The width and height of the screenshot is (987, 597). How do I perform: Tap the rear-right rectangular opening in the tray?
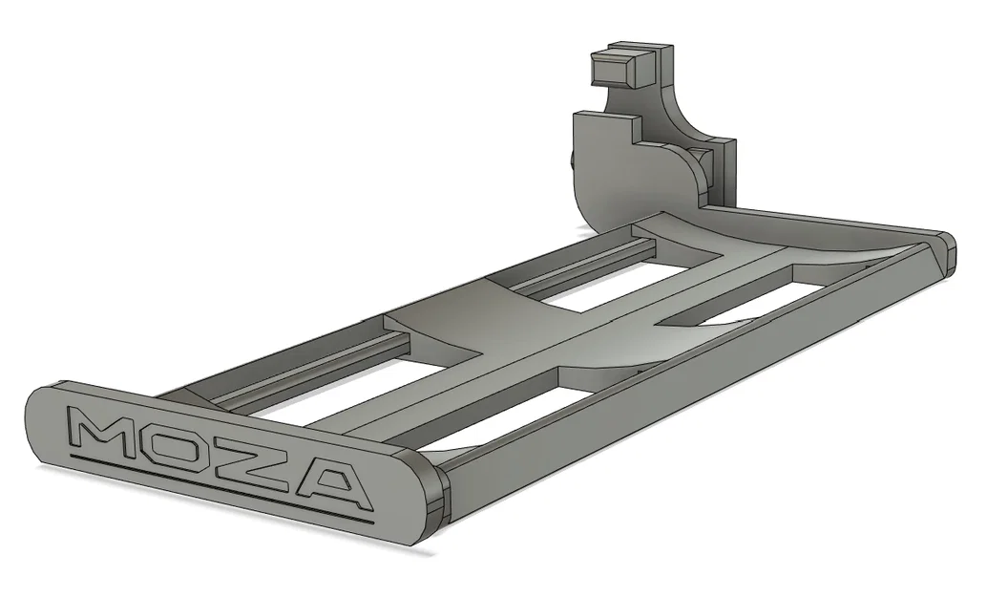pyautogui.click(x=725, y=306)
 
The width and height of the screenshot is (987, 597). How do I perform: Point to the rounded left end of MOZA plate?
pyautogui.click(x=38, y=420)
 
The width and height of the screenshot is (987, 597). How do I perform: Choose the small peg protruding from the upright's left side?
pyautogui.click(x=574, y=162)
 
